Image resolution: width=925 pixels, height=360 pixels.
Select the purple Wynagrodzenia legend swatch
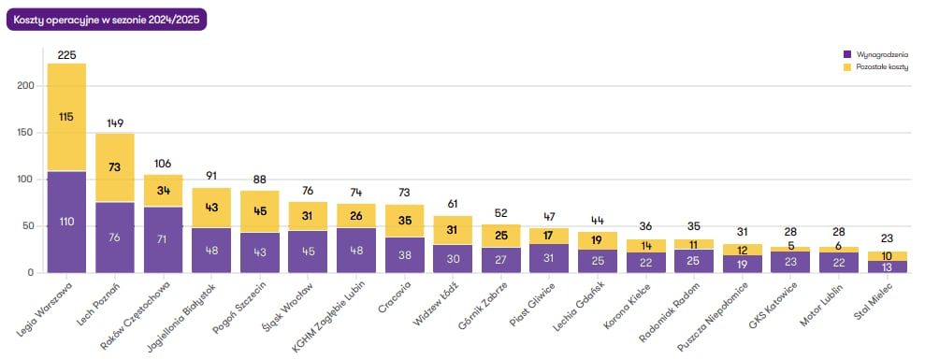(847, 54)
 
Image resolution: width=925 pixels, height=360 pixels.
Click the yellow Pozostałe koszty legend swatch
(847, 67)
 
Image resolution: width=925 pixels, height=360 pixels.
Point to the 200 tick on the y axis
(27, 86)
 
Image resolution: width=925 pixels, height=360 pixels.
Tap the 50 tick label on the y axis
(30, 226)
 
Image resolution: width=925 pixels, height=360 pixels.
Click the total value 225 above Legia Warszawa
(66, 55)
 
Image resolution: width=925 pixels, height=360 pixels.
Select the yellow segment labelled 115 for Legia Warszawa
(66, 117)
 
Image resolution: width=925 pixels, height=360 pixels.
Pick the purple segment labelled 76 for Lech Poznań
(115, 238)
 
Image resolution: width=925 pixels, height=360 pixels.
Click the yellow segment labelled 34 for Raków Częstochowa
(164, 191)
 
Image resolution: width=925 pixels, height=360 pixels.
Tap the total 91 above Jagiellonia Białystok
(211, 175)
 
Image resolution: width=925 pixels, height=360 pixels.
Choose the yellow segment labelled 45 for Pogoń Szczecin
(260, 211)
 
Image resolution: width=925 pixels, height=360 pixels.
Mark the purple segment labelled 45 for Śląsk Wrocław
(308, 252)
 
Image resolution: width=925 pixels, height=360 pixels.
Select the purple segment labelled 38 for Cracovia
(405, 255)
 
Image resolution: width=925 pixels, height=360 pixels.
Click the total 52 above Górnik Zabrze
(501, 213)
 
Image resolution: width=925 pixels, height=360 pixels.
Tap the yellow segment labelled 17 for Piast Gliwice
(549, 236)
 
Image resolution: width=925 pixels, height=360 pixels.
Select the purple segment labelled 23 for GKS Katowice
(790, 262)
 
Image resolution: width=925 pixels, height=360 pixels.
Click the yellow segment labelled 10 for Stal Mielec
(887, 256)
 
